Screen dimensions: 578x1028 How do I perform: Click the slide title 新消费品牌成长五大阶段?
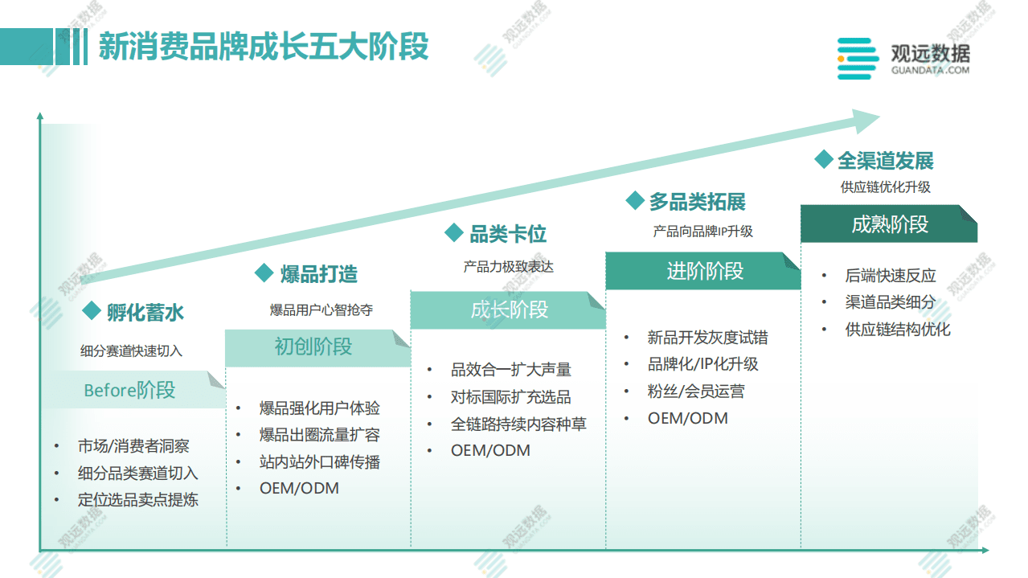pyautogui.click(x=264, y=47)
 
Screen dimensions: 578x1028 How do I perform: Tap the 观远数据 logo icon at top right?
pyautogui.click(x=857, y=59)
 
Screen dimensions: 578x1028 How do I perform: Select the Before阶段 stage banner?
pyautogui.click(x=130, y=391)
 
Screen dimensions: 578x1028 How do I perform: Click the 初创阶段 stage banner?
pyautogui.click(x=313, y=347)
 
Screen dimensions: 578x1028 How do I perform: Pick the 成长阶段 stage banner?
pyautogui.click(x=509, y=309)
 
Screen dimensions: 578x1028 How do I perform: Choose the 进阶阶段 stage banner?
pyautogui.click(x=705, y=271)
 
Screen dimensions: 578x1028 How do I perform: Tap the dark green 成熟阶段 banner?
pyautogui.click(x=889, y=224)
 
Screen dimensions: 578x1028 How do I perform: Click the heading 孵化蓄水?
pyautogui.click(x=145, y=312)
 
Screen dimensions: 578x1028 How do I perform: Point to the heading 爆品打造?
pyautogui.click(x=318, y=274)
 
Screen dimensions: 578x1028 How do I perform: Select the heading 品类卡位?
pyautogui.click(x=507, y=234)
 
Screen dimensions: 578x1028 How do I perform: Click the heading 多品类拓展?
pyautogui.click(x=697, y=202)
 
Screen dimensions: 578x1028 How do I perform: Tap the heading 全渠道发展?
pyautogui.click(x=885, y=161)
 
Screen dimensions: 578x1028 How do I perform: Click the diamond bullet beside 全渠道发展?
pyautogui.click(x=823, y=159)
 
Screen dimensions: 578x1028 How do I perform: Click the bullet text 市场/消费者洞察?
pyautogui.click(x=133, y=446)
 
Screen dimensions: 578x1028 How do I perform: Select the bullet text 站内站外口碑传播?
pyautogui.click(x=319, y=461)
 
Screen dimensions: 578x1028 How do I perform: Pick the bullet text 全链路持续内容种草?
pyautogui.click(x=518, y=424)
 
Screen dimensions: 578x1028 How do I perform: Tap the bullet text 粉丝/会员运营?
pyautogui.click(x=696, y=391)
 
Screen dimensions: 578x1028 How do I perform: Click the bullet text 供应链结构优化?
pyautogui.click(x=897, y=330)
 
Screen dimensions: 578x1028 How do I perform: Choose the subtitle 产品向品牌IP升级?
pyautogui.click(x=702, y=232)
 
